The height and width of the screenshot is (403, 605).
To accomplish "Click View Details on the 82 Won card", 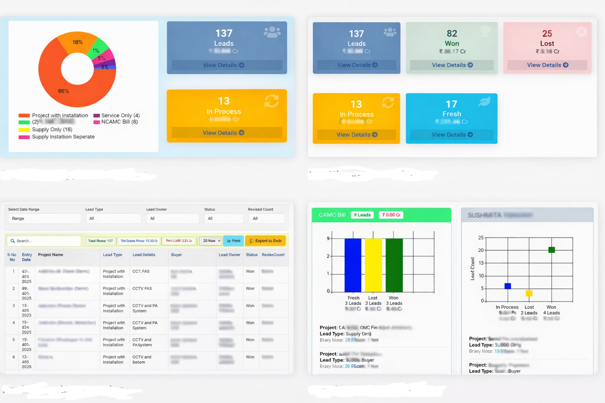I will (x=452, y=65).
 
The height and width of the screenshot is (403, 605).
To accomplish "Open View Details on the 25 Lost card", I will (x=547, y=65).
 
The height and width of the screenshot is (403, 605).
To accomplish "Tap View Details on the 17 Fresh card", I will (x=452, y=135).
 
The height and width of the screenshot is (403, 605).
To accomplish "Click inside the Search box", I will (x=45, y=241).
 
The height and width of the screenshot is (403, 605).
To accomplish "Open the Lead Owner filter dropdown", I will (x=173, y=218).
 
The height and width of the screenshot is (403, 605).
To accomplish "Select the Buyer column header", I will (x=176, y=255).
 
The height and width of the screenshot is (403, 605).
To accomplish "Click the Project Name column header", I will (x=50, y=255).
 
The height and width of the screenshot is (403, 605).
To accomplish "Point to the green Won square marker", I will (x=551, y=250).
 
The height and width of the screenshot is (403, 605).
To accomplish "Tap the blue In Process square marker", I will (x=508, y=286).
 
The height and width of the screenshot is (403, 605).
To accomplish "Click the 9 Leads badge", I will (x=362, y=215).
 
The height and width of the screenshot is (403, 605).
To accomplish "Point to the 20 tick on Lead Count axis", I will (x=481, y=250).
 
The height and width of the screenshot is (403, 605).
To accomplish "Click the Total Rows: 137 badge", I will (x=100, y=241).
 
